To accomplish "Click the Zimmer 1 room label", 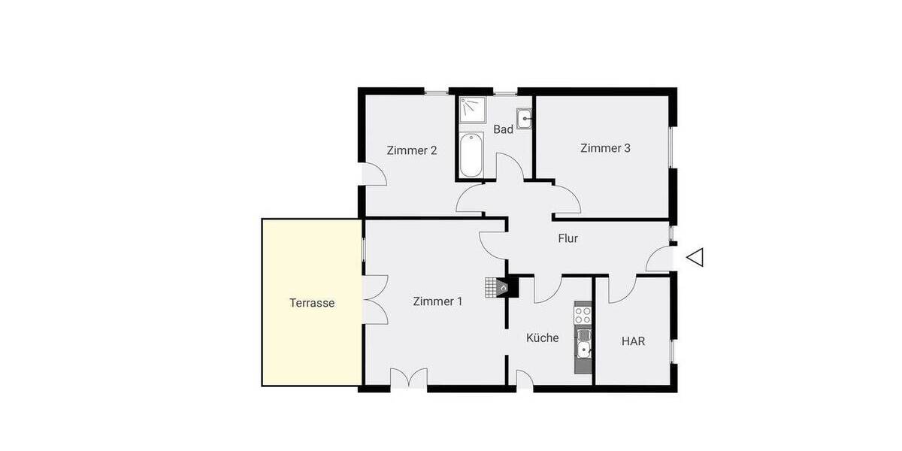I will tap(437, 301).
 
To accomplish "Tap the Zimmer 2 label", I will tap(412, 150).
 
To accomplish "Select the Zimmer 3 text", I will tap(605, 148).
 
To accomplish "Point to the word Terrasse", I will tap(312, 304).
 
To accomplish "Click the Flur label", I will tap(568, 239).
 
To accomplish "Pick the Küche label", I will tap(542, 338).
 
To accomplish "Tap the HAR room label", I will tap(633, 341).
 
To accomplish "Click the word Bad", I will tap(503, 129).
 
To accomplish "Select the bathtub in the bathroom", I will tap(471, 156).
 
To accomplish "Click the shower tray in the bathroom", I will tap(471, 110).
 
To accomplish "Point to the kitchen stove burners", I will tap(583, 313).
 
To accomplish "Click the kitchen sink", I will tap(584, 348).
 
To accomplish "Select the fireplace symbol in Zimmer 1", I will tap(502, 286).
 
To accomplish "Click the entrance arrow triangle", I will tap(695, 257).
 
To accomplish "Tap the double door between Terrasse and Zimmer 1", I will tap(375, 299).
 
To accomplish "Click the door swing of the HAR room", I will tap(622, 289).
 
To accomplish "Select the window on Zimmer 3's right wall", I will tap(672, 147).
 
